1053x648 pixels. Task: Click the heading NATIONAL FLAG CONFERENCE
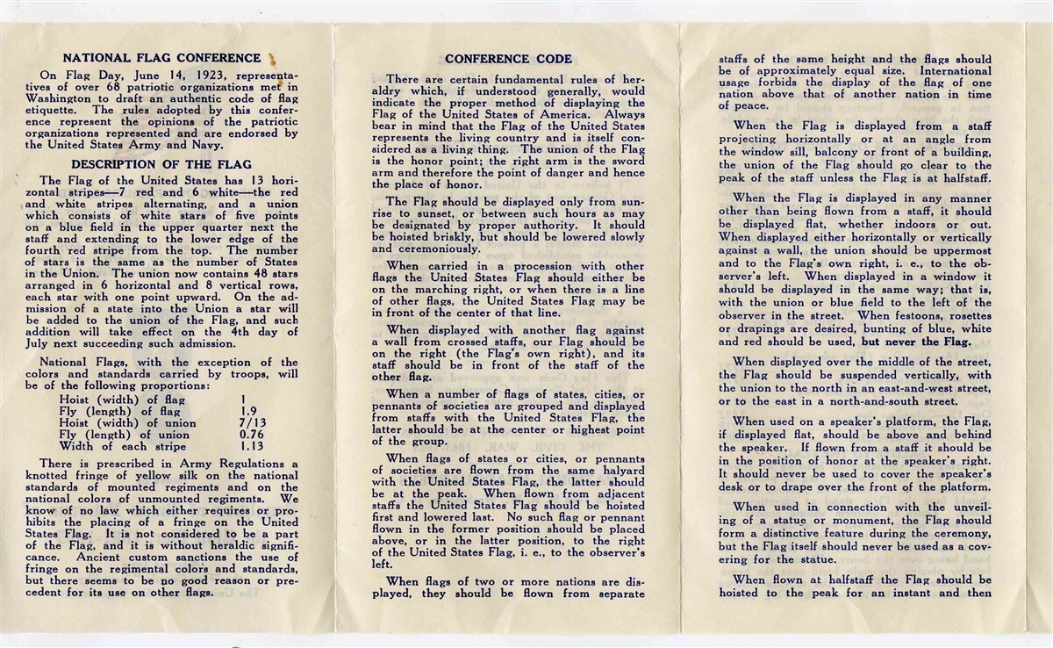(161, 59)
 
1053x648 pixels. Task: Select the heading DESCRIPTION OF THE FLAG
(161, 164)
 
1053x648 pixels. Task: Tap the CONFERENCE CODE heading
(508, 59)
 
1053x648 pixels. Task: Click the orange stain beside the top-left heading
(272, 60)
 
